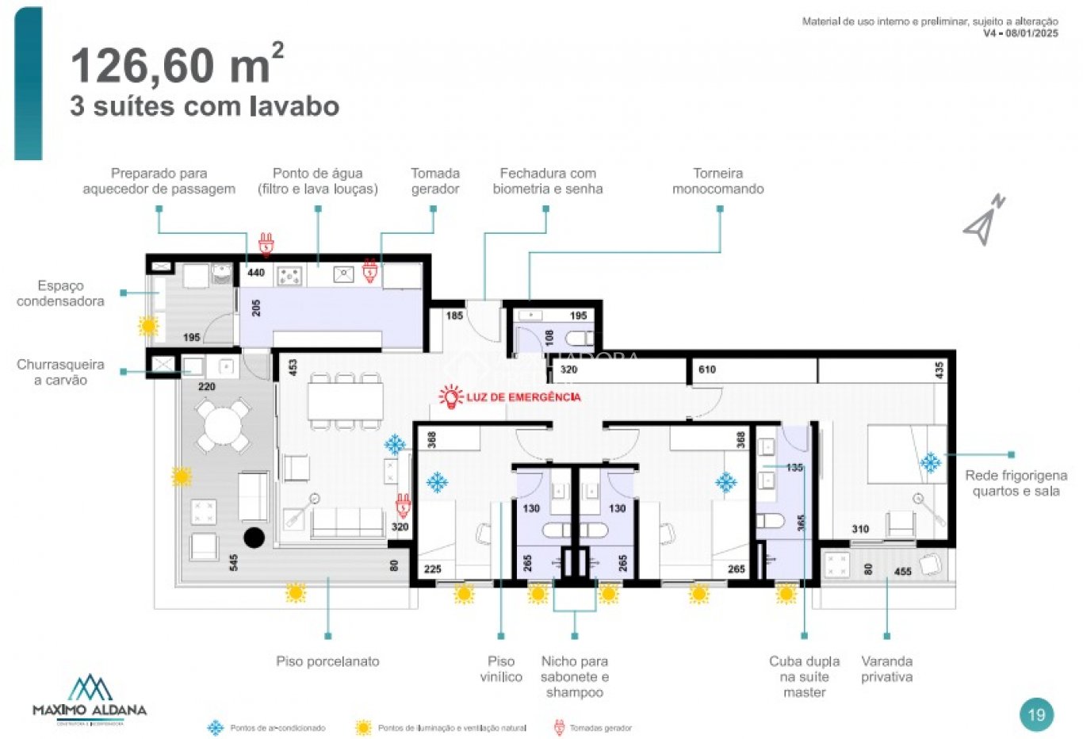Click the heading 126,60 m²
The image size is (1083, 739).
pyautogui.click(x=176, y=65)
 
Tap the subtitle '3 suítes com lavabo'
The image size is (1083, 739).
pyautogui.click(x=205, y=106)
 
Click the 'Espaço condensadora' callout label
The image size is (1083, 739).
pyautogui.click(x=60, y=293)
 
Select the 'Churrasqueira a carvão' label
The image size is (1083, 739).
pyautogui.click(x=60, y=373)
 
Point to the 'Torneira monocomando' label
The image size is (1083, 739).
pyautogui.click(x=718, y=181)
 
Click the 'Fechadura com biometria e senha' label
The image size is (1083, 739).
pyautogui.click(x=547, y=181)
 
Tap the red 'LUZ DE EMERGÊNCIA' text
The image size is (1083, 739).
pyautogui.click(x=522, y=396)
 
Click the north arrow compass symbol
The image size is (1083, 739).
pyautogui.click(x=984, y=220)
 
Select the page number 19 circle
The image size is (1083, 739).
pyautogui.click(x=1036, y=714)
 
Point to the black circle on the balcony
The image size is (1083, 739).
pyautogui.click(x=254, y=538)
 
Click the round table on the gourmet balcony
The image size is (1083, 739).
pyautogui.click(x=224, y=427)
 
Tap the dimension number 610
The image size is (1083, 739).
pyautogui.click(x=707, y=369)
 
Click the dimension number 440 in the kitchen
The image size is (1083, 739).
pyautogui.click(x=256, y=273)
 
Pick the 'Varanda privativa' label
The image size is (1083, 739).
pyautogui.click(x=886, y=668)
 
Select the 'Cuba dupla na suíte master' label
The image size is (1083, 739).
pyautogui.click(x=804, y=676)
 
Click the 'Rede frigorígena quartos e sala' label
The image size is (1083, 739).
pyautogui.click(x=1016, y=483)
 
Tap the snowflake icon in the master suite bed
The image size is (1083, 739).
pyautogui.click(x=930, y=462)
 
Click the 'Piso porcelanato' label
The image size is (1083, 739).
pyautogui.click(x=327, y=661)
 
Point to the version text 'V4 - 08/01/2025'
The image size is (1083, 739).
pyautogui.click(x=1020, y=33)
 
